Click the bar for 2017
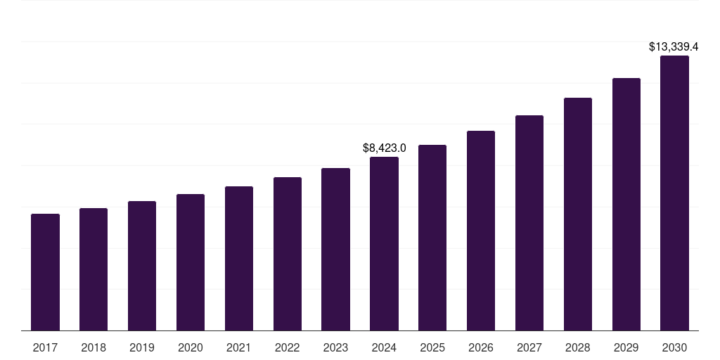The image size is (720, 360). point(45,272)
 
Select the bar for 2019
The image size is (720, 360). point(142,266)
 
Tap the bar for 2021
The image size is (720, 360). point(239,258)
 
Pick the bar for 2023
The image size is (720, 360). point(335,249)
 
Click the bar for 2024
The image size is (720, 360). point(384,243)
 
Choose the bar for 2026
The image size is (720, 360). point(481,231)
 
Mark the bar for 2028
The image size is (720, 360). point(578,214)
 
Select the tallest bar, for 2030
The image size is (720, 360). point(674,193)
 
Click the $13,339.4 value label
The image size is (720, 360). point(673,47)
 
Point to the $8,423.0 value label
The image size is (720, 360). point(384,148)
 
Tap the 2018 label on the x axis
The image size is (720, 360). point(94,347)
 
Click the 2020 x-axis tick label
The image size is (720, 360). point(191,347)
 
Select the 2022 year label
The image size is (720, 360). point(288,347)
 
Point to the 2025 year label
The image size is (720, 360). point(432,347)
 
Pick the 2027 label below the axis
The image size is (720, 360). point(529,347)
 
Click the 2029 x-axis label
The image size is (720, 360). point(626,347)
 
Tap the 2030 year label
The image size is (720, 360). point(674,347)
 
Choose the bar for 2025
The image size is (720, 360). point(432,238)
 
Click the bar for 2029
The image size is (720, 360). point(626,204)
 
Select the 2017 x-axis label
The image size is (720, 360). point(45,347)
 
